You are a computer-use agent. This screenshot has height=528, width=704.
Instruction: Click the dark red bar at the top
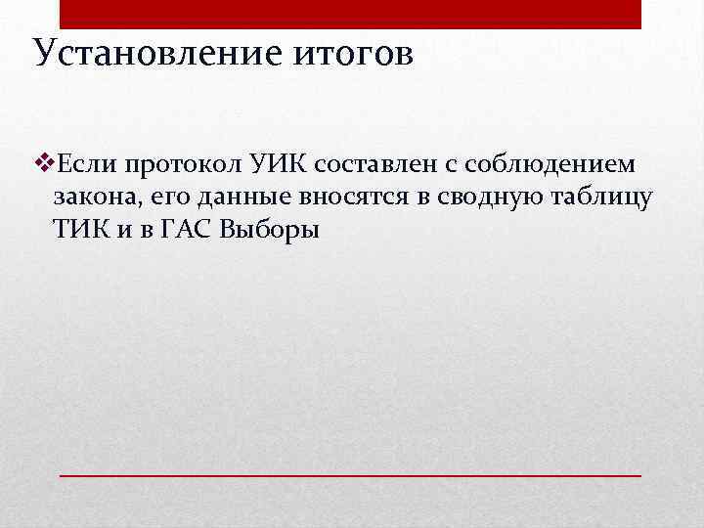pos(351,14)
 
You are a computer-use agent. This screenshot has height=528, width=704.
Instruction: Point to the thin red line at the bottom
pos(351,474)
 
